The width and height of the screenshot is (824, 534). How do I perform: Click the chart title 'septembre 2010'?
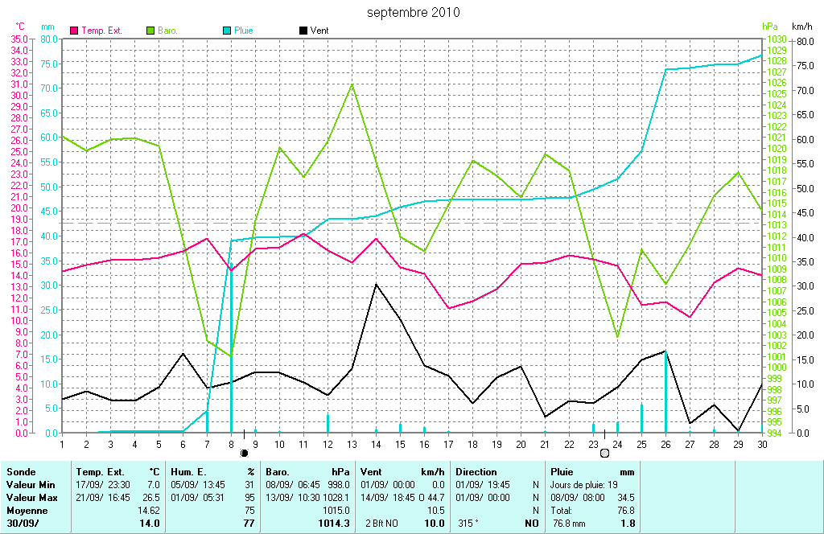click(414, 12)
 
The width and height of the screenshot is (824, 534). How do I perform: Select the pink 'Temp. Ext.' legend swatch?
click(75, 31)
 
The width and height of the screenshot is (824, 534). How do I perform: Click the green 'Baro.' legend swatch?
click(150, 31)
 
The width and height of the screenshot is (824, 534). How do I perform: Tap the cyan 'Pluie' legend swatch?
click(227, 31)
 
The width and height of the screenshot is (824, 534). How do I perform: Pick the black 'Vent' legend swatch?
click(303, 31)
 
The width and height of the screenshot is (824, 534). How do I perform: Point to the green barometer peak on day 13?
click(352, 84)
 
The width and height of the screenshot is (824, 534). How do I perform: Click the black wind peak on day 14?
click(376, 284)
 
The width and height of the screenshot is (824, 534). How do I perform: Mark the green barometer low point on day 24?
click(617, 337)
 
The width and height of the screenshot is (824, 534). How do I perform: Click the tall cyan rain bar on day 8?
click(232, 338)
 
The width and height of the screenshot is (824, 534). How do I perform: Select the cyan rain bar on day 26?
click(665, 394)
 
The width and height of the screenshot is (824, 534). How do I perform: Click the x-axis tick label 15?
click(400, 443)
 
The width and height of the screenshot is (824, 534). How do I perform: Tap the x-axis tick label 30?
click(761, 443)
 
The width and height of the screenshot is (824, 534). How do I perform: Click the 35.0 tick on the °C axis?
click(19, 39)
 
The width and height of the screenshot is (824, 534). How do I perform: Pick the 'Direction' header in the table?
click(476, 472)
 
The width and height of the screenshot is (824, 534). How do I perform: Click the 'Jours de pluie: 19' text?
click(583, 485)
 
